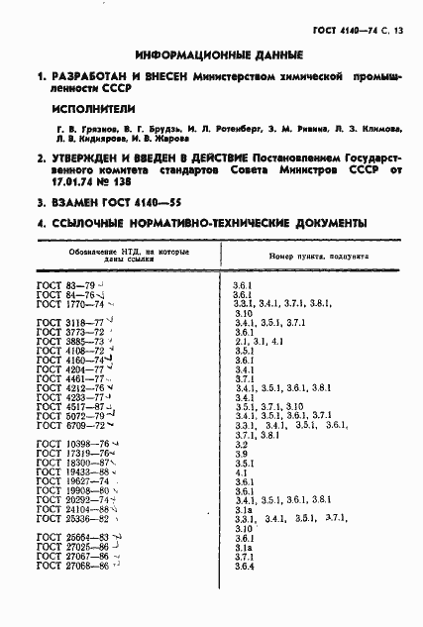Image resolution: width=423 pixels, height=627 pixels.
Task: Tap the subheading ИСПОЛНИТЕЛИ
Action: tap(95, 109)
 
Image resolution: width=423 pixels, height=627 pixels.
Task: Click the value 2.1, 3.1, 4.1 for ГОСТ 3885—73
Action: tap(258, 342)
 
